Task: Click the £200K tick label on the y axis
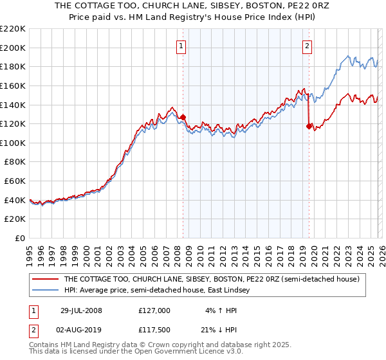point(13,48)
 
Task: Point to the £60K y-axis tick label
point(15,181)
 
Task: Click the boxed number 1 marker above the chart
point(181,46)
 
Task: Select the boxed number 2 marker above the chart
point(308,46)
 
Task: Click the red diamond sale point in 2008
point(183,117)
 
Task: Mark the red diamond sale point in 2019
point(309,126)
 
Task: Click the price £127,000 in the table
point(154,310)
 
